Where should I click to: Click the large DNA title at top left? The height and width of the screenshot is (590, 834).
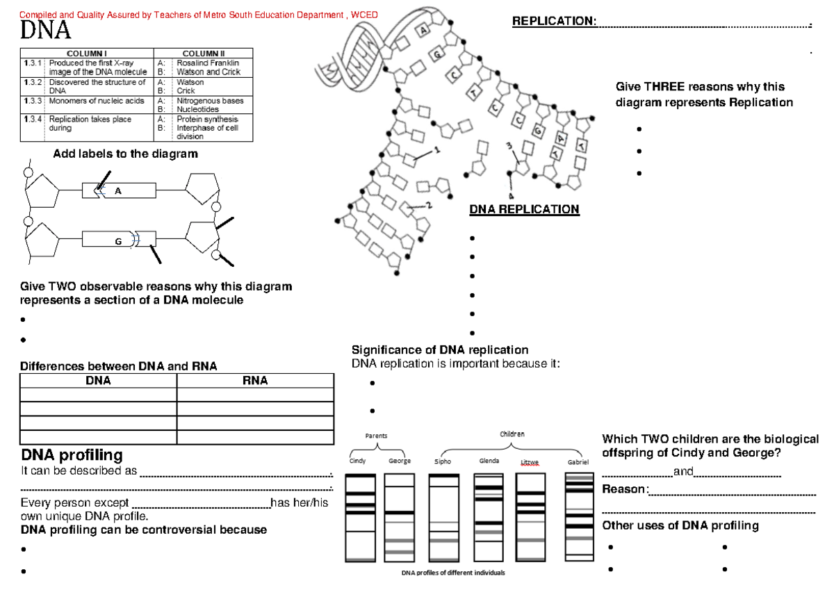click(45, 31)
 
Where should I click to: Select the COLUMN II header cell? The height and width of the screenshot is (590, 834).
click(203, 54)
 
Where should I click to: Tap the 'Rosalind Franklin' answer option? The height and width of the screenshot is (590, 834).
click(208, 63)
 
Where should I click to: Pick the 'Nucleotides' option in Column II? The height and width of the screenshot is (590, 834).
click(197, 110)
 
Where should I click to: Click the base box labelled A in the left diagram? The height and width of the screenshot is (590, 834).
click(118, 191)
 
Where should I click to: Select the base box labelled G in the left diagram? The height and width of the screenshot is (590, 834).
click(118, 241)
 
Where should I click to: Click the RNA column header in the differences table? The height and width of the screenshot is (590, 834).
click(255, 381)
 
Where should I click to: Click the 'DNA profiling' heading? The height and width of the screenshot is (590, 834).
click(72, 455)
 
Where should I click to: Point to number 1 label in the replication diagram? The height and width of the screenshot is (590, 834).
click(437, 149)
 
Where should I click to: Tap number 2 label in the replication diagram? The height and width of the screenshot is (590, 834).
click(429, 204)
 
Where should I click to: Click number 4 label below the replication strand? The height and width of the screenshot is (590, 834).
click(511, 195)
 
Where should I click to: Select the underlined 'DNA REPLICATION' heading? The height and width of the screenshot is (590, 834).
click(524, 209)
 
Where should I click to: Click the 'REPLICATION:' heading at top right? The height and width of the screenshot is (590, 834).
click(554, 21)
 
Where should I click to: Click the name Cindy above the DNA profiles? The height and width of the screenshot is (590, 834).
click(357, 461)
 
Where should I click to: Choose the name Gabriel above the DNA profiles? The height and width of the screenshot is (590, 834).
click(578, 462)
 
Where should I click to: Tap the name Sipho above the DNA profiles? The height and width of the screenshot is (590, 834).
click(442, 461)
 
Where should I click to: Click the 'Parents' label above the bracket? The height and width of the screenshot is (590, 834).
click(376, 436)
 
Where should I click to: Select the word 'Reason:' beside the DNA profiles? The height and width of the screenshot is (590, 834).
click(625, 490)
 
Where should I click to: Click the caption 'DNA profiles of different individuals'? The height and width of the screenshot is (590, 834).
click(453, 573)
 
